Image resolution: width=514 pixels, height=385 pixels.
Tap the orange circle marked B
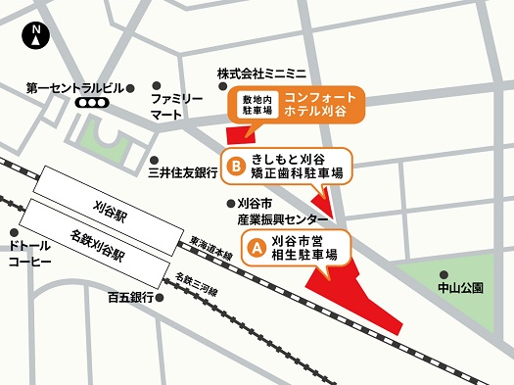(x=235, y=167)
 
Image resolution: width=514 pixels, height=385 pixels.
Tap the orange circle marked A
(x=256, y=249)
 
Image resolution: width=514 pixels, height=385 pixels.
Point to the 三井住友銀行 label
(x=181, y=173)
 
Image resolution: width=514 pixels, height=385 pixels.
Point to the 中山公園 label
(x=461, y=288)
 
